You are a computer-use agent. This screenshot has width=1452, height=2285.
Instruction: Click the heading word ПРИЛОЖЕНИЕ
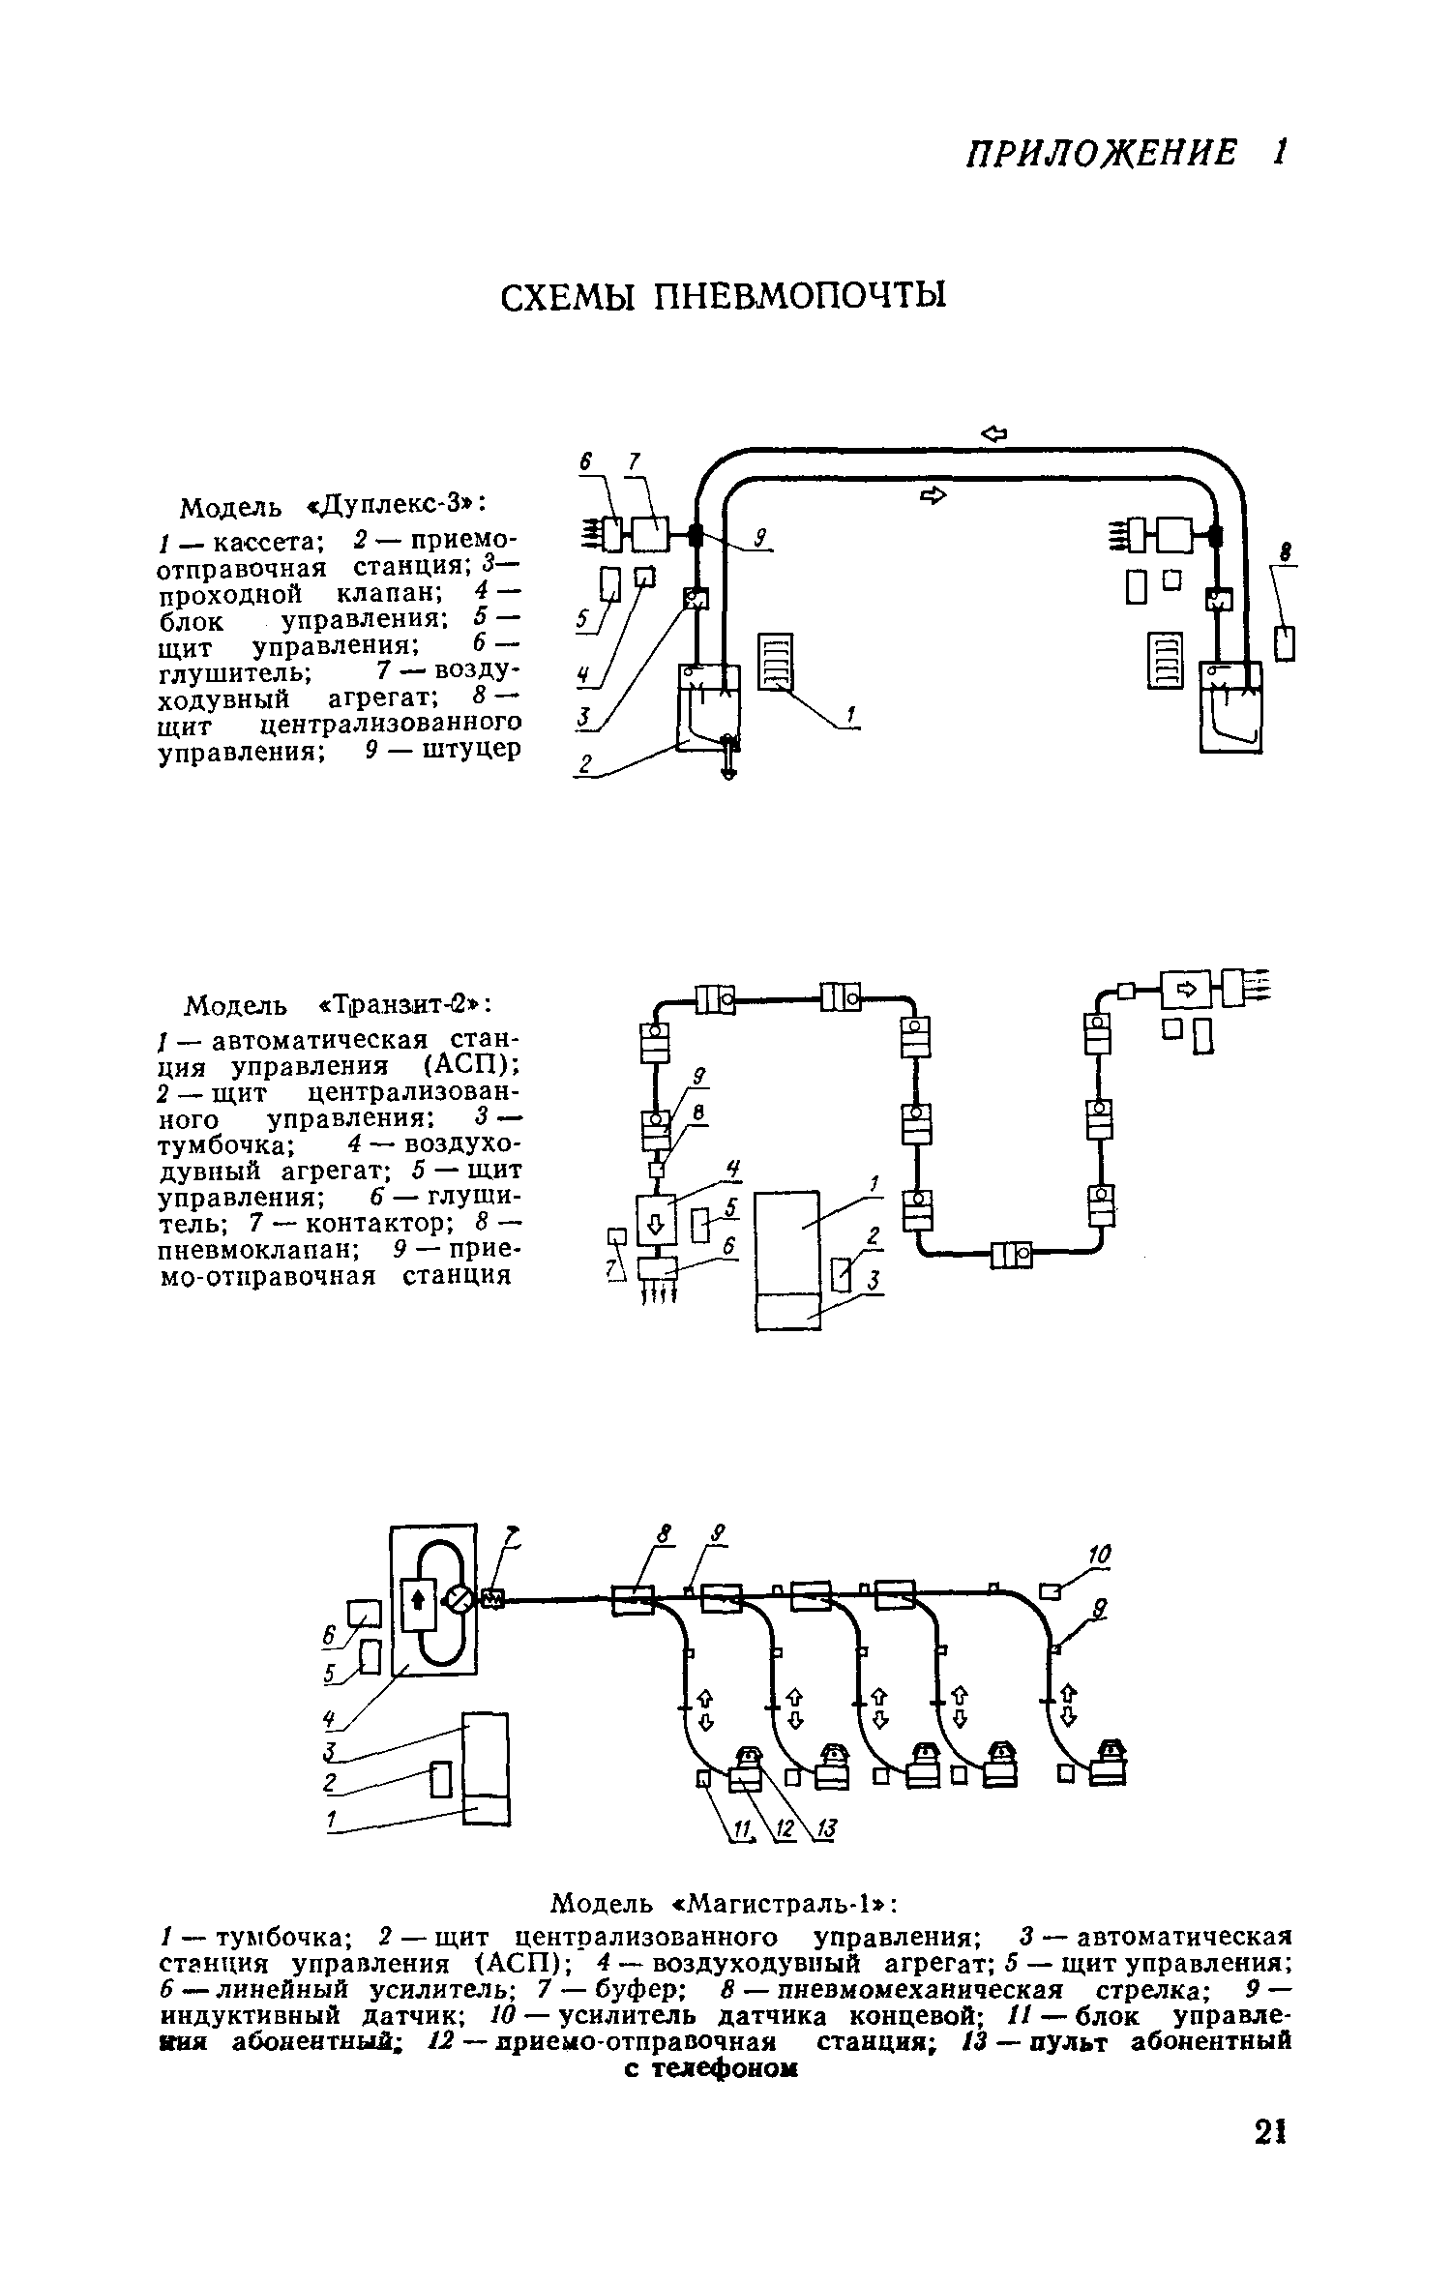point(1102,153)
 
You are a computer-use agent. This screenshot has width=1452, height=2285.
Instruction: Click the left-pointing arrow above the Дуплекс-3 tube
point(993,434)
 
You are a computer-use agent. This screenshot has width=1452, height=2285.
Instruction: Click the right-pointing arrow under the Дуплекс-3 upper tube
point(932,495)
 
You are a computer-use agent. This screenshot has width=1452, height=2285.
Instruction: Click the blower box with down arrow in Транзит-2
point(655,1224)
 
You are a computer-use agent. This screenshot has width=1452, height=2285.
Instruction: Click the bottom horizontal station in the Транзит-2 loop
point(1011,1256)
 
